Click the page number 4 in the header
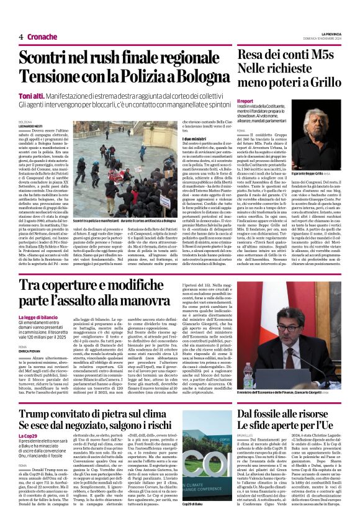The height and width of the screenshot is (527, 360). [x=21, y=37]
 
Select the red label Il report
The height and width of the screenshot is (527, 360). [x=246, y=101]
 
